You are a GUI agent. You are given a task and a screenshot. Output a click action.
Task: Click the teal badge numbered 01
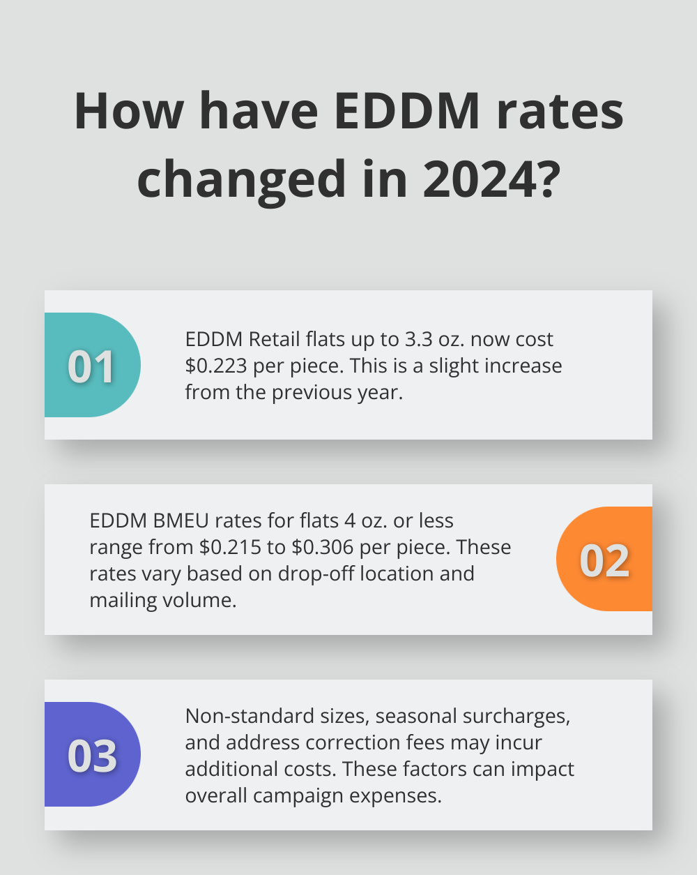point(91,366)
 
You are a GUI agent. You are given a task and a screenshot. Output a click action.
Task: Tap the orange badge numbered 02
point(604,560)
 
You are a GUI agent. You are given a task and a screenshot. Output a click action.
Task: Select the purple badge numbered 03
point(91,755)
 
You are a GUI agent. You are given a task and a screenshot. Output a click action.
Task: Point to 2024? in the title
point(491,179)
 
